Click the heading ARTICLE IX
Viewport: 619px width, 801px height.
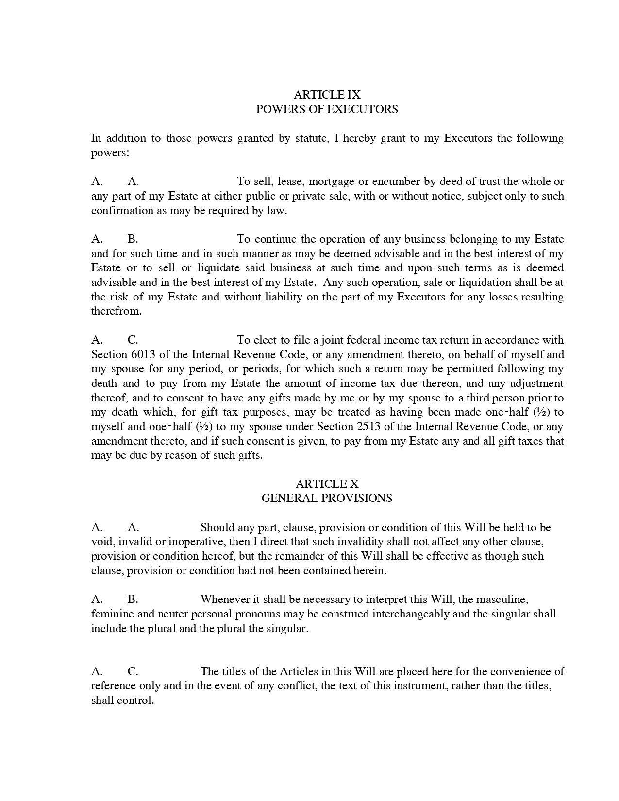pos(327,95)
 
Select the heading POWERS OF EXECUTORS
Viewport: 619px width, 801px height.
pos(327,109)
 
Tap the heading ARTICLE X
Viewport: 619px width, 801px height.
pos(327,484)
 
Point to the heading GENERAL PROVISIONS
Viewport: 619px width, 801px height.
pos(327,498)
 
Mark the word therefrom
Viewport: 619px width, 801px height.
pos(116,311)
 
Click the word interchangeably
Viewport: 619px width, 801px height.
pos(411,614)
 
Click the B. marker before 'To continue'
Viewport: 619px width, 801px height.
pos(133,239)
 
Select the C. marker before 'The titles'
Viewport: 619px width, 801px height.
pos(133,672)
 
